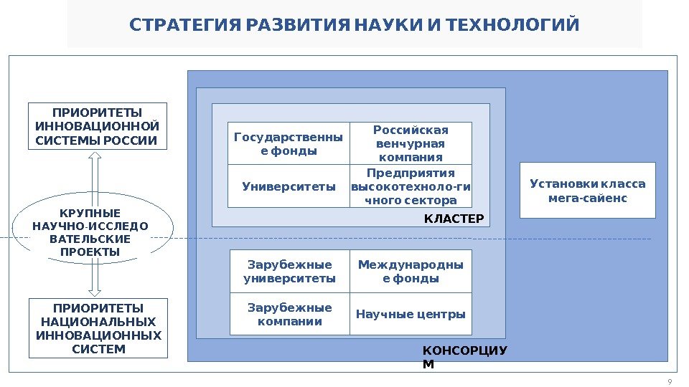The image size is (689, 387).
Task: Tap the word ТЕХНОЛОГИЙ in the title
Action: click(x=512, y=27)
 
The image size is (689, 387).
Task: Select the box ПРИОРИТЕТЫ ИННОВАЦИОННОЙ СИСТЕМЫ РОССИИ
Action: click(x=97, y=126)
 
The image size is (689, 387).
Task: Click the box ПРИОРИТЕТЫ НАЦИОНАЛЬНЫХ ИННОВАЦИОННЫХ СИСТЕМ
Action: click(x=98, y=328)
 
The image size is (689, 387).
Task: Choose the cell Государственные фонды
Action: click(x=289, y=143)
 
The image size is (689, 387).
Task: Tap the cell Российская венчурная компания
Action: click(x=411, y=143)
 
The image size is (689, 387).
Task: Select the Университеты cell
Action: click(x=289, y=186)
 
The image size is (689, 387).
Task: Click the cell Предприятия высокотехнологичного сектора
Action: click(x=411, y=186)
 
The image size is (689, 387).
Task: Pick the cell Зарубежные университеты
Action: click(x=289, y=271)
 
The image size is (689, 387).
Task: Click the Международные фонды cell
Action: click(x=411, y=271)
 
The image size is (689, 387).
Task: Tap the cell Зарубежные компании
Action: click(x=289, y=314)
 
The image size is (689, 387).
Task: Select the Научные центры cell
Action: click(x=411, y=314)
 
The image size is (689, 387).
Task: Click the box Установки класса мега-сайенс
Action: click(x=587, y=190)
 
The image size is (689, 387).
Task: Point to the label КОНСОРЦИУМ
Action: click(x=464, y=356)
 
